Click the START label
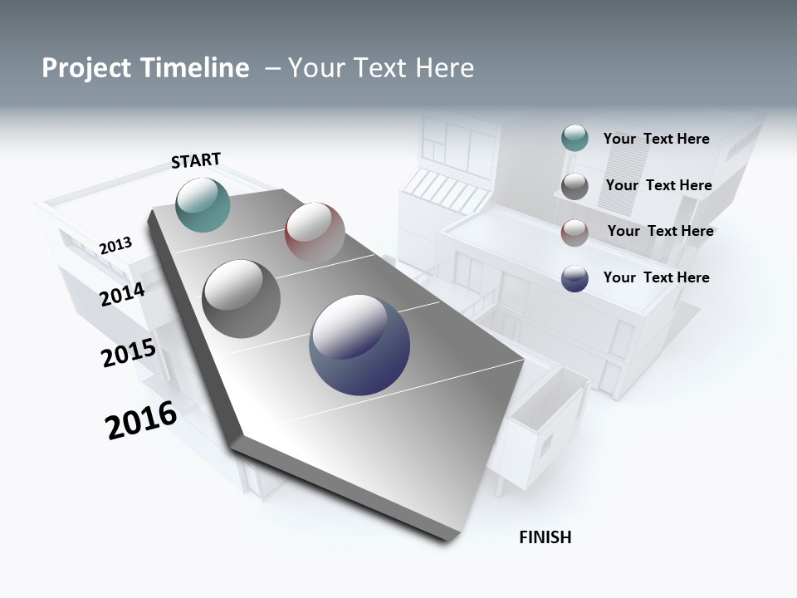196,160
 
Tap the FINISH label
545,537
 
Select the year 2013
115,246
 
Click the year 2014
122,294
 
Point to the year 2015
129,353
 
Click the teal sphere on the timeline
203,205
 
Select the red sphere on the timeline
315,232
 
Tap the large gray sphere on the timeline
241,299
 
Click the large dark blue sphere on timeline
359,346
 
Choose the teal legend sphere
575,139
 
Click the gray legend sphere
575,186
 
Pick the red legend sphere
575,233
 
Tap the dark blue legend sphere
575,279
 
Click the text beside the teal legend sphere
656,139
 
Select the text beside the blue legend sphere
656,277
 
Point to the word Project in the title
86,68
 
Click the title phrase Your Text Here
381,68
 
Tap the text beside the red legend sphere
660,231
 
